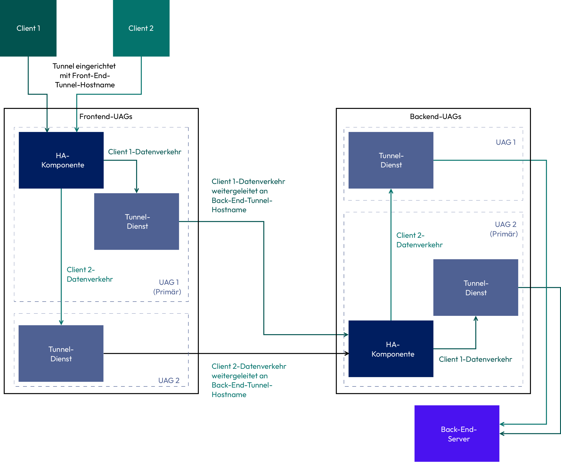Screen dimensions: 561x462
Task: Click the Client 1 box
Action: click(x=28, y=28)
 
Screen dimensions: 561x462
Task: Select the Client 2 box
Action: click(x=141, y=28)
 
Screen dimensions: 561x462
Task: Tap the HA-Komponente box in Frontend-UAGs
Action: click(x=61, y=160)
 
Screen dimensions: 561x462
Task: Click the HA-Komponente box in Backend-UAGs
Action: click(x=391, y=349)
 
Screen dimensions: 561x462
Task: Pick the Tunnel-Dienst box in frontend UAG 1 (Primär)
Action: click(x=136, y=221)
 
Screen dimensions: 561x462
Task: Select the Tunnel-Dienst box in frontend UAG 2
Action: click(x=61, y=353)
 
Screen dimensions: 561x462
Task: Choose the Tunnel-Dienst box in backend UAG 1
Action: click(x=391, y=160)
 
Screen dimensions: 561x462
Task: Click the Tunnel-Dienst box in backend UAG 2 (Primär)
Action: click(x=476, y=287)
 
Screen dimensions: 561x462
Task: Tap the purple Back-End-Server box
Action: click(x=457, y=433)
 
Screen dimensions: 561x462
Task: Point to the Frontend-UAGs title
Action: click(x=106, y=117)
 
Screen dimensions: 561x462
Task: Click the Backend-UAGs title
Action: click(x=436, y=117)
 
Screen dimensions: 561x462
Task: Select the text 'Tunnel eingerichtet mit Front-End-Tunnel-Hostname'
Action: click(x=84, y=76)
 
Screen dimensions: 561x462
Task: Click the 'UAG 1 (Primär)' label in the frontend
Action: click(x=167, y=287)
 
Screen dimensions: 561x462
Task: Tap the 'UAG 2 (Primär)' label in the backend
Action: click(x=504, y=229)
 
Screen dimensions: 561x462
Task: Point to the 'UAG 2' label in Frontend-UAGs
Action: click(x=169, y=381)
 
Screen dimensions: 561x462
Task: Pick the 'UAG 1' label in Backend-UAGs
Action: click(x=506, y=142)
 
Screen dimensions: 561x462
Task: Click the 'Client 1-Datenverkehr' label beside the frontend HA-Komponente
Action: click(x=144, y=152)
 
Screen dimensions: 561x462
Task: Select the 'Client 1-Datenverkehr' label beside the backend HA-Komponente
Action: click(x=475, y=359)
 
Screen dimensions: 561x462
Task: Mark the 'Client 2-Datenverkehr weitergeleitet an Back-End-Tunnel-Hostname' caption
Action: click(x=249, y=381)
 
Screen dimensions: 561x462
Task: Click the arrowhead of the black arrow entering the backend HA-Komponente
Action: click(x=347, y=353)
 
